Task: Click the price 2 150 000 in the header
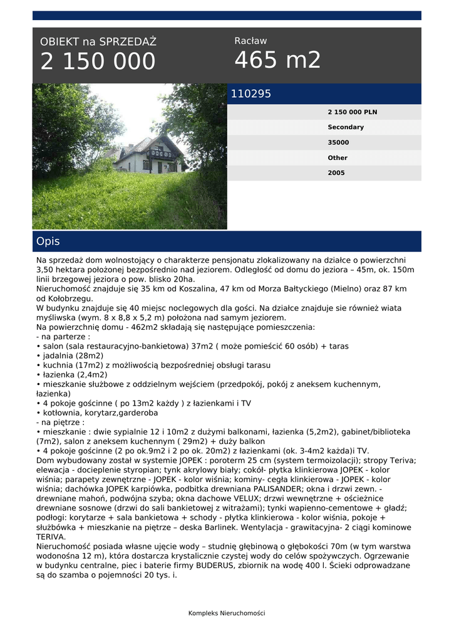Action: click(x=98, y=61)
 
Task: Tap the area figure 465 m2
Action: click(x=277, y=60)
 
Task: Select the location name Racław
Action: click(x=250, y=41)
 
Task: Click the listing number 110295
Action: click(x=251, y=94)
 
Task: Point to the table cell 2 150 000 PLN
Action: click(x=352, y=112)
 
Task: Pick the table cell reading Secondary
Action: click(x=346, y=127)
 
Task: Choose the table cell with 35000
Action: click(x=338, y=142)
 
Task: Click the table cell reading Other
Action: click(x=338, y=158)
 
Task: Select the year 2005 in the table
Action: click(x=336, y=173)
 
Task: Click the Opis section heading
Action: click(x=48, y=241)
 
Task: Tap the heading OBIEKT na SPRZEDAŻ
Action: click(x=98, y=42)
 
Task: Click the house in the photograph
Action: click(x=151, y=156)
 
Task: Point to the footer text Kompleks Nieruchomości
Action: click(x=227, y=613)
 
